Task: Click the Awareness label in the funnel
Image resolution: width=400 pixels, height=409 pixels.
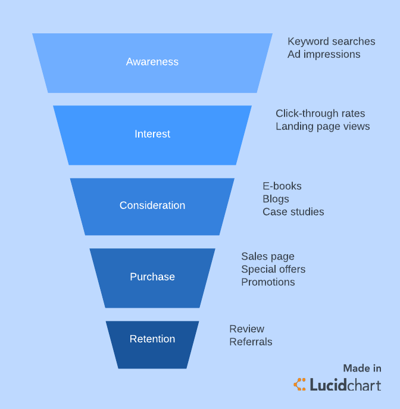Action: [x=152, y=62]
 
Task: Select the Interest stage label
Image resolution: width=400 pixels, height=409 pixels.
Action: [x=152, y=134]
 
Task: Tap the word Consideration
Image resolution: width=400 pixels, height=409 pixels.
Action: [x=152, y=205]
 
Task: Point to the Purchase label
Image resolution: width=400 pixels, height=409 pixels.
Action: [x=152, y=277]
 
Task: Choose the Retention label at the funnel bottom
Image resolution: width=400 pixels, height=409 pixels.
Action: [x=152, y=339]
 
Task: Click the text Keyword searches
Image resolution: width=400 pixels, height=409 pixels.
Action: [x=332, y=42]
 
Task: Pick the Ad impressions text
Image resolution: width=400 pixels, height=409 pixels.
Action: [x=324, y=54]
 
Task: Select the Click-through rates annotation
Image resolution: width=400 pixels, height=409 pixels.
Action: [x=320, y=113]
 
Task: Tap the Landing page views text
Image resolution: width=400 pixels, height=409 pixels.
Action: [x=323, y=126]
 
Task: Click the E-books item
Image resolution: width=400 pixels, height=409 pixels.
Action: [x=282, y=186]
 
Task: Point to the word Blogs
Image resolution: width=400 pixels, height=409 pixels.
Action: [x=276, y=199]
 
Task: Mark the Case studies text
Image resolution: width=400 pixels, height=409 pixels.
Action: [x=293, y=211]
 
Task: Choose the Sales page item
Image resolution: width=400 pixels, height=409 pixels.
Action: [x=268, y=257]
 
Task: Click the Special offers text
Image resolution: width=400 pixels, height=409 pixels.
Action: [x=273, y=269]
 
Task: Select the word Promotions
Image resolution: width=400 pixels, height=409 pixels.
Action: [x=268, y=282]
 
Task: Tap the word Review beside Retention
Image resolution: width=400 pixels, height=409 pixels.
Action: [x=247, y=329]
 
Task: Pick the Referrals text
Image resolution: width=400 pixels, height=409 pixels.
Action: [x=251, y=342]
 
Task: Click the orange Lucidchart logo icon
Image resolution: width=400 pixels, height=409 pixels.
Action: [x=300, y=385]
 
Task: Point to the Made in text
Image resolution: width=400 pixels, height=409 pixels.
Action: [x=362, y=369]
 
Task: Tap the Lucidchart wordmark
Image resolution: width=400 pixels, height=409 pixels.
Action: [x=345, y=385]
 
